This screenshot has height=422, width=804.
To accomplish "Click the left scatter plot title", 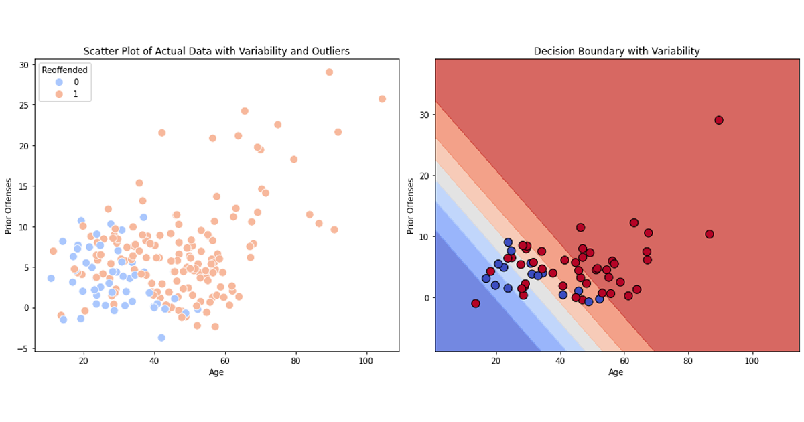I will pyautogui.click(x=216, y=52).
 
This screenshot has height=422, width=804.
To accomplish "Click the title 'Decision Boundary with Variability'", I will pyautogui.click(x=616, y=52).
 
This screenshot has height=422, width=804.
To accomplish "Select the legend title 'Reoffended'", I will pyautogui.click(x=64, y=70).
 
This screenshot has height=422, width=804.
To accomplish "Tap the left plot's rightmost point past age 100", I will pyautogui.click(x=382, y=99).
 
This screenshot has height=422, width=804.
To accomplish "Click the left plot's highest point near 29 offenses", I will pyautogui.click(x=329, y=72).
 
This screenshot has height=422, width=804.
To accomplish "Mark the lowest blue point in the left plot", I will pyautogui.click(x=161, y=338).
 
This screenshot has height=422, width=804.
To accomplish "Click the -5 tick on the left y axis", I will pyautogui.click(x=24, y=348).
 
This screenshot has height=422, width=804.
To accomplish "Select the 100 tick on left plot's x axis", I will pyautogui.click(x=366, y=361).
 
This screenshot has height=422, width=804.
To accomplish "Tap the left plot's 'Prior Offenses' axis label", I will pyautogui.click(x=9, y=206).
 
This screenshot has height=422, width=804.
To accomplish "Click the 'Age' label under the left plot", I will pyautogui.click(x=216, y=372).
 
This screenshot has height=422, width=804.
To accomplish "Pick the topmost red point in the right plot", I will pyautogui.click(x=719, y=120).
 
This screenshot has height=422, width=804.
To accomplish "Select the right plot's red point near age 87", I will pyautogui.click(x=710, y=234).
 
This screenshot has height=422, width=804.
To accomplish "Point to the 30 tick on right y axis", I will pyautogui.click(x=424, y=115).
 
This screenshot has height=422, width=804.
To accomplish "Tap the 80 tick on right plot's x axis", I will pyautogui.click(x=687, y=361).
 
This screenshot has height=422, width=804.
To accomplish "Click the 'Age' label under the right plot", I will pyautogui.click(x=616, y=372).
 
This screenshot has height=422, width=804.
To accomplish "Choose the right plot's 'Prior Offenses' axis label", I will pyautogui.click(x=411, y=206).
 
